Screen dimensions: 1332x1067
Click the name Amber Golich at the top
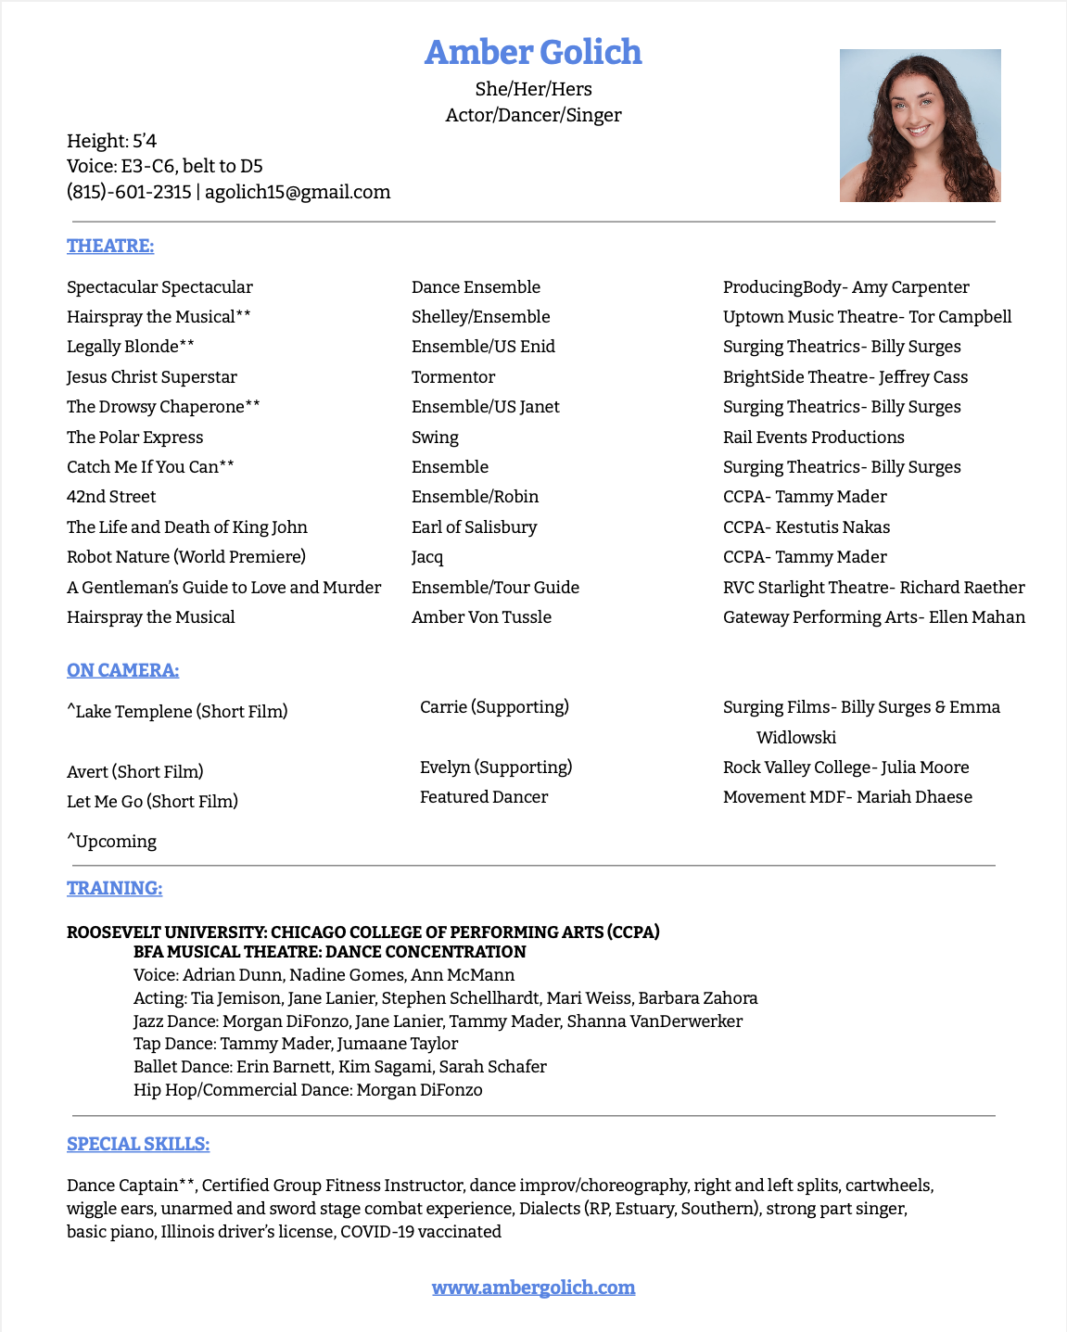point(533,53)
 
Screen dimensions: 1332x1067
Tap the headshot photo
point(920,125)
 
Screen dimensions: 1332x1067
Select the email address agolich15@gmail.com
point(298,192)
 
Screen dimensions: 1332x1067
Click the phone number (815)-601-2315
point(129,192)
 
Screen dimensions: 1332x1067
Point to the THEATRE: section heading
point(110,246)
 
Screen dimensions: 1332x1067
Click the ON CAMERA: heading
point(122,670)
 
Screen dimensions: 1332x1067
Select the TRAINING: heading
point(114,888)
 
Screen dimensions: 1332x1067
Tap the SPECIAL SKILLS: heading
point(138,1144)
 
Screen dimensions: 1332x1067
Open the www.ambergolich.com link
point(533,1288)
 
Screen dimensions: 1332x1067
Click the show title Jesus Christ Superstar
point(152,377)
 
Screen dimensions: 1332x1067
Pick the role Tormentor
point(453,377)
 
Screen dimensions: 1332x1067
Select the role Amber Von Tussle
point(481,617)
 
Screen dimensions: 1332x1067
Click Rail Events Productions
point(813,438)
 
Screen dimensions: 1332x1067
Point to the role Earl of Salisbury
point(474,527)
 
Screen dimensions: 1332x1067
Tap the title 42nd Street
point(111,497)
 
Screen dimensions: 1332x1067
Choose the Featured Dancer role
point(483,797)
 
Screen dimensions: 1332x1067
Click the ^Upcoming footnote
point(111,842)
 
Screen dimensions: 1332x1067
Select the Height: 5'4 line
point(111,141)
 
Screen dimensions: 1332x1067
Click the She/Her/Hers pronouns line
point(533,89)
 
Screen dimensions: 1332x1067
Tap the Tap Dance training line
point(296,1044)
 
